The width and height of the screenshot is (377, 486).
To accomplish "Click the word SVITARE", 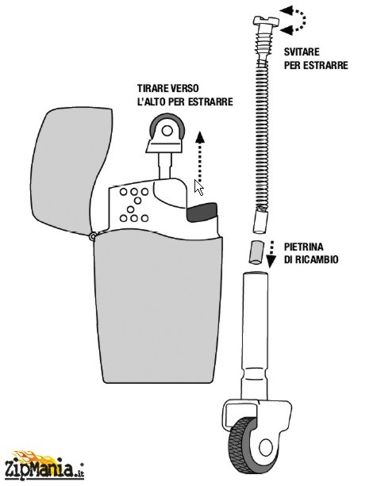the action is [302, 52].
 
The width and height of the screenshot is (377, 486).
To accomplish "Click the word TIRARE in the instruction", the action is [152, 88].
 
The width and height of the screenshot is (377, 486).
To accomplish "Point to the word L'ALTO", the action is [150, 101].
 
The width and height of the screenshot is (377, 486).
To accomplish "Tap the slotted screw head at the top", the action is [266, 21].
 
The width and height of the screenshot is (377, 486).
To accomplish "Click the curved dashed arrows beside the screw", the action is [294, 20].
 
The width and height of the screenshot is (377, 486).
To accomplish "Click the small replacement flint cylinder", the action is [256, 253].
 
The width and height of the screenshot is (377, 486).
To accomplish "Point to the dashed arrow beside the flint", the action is [271, 254].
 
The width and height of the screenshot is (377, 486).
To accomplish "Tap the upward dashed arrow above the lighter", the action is [200, 156].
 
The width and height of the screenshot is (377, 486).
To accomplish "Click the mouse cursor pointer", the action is [198, 188].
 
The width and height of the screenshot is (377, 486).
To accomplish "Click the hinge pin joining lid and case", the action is [93, 236].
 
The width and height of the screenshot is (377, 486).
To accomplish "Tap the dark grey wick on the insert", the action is [201, 212].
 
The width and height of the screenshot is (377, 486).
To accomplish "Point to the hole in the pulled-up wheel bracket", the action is [167, 131].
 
